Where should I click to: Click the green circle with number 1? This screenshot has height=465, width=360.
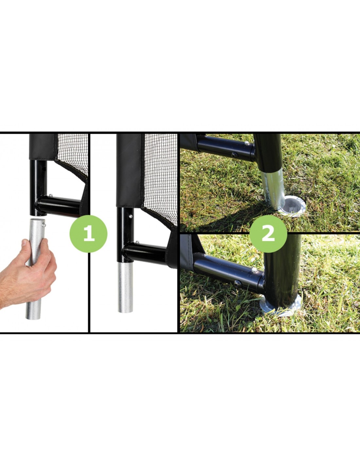[88, 234]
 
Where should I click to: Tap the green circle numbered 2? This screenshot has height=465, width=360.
[268, 234]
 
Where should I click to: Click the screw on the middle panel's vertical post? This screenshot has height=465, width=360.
[130, 217]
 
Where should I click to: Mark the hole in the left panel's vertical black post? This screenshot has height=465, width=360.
[44, 169]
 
